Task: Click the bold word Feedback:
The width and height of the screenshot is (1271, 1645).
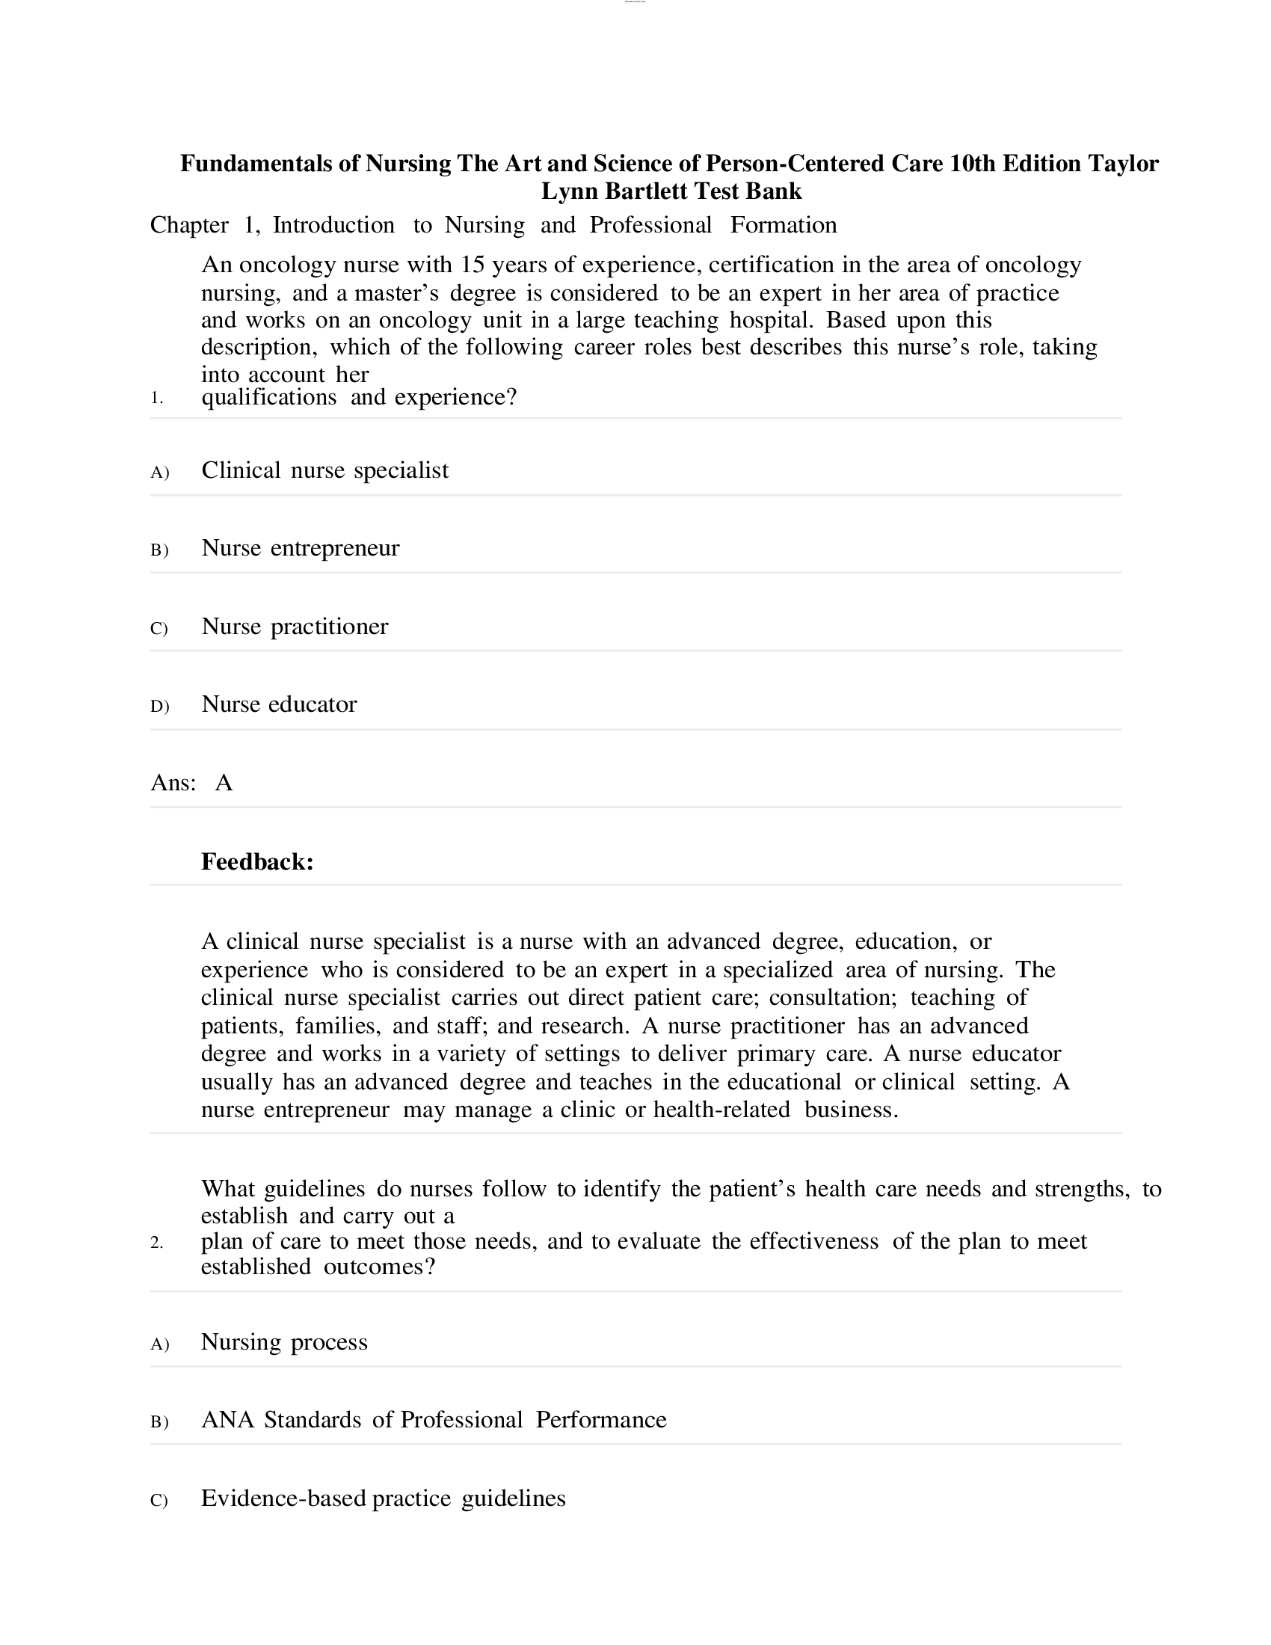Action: point(256,861)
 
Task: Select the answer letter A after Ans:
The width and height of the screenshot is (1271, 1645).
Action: point(224,784)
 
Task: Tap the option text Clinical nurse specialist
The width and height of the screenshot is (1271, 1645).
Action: point(324,470)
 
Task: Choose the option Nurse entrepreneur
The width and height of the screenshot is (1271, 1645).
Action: point(300,547)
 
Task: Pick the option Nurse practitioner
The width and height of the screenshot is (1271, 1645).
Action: point(295,626)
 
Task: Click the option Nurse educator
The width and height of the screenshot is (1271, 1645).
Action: point(279,704)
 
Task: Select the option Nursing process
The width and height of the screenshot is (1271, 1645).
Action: point(284,1341)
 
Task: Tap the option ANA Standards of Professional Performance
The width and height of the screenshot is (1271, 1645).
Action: point(434,1419)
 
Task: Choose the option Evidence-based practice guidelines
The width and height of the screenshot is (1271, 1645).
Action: point(383,1498)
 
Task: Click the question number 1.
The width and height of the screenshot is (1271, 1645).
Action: point(156,398)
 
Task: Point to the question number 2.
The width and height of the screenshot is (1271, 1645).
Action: point(156,1243)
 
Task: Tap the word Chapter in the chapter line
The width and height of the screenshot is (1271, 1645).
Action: point(189,225)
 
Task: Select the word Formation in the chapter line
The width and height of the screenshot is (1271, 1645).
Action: point(783,225)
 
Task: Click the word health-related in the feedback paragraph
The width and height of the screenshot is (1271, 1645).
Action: point(721,1110)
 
